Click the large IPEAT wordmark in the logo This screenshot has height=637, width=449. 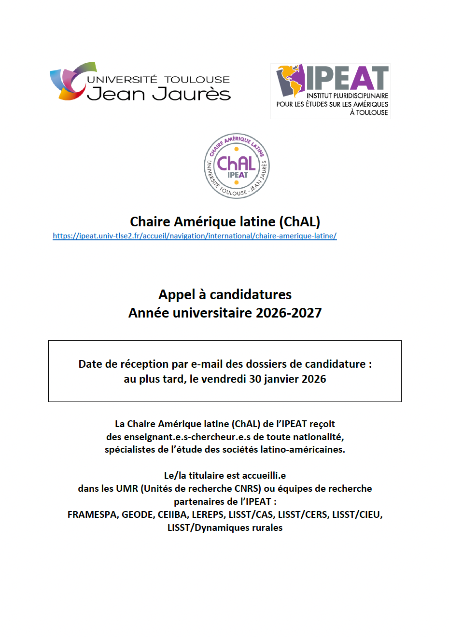[347, 78]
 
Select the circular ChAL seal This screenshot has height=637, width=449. [237, 166]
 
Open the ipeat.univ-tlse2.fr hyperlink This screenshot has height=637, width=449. [195, 236]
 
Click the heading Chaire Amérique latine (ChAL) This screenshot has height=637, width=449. [225, 222]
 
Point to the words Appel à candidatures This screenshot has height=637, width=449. [225, 294]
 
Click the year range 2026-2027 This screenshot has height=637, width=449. [289, 313]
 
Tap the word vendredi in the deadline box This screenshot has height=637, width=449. [224, 379]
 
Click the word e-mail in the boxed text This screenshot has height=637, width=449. [207, 364]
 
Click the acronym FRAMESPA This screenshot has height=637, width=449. [92, 514]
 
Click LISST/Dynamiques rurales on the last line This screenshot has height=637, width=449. [225, 527]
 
